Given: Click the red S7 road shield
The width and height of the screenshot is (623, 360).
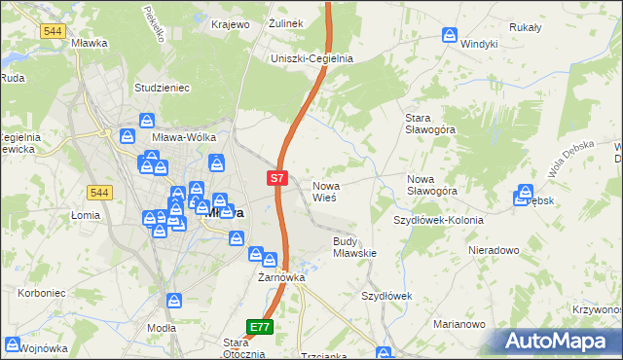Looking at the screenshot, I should coord(277,178).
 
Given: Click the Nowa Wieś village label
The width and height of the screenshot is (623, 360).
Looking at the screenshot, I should coord(324,191).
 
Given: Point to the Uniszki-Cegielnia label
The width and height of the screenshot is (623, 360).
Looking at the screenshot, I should coord(311,58).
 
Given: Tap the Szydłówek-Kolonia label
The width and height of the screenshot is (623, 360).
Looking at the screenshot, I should coord(438,220).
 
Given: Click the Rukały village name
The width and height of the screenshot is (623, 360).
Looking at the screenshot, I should coord(524,27).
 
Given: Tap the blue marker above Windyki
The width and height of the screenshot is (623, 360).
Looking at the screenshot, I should coord(450,35).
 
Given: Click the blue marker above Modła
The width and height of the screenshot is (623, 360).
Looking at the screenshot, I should coord(173,303).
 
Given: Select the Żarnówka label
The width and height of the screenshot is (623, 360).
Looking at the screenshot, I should coord(281,277).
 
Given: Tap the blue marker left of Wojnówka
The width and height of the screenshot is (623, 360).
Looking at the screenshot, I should coord(13,343).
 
